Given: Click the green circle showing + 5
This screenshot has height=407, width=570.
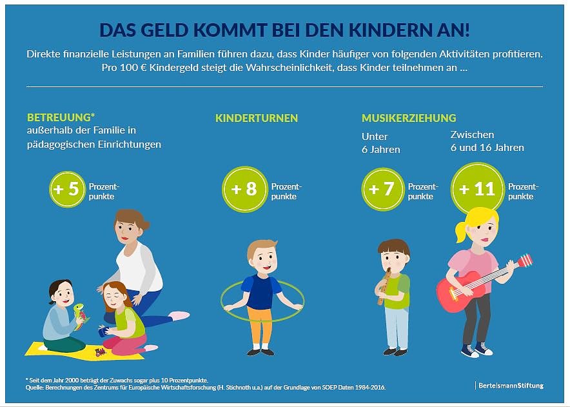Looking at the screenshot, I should pos(66,190).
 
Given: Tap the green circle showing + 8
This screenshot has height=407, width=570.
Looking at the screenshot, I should pos(244,190).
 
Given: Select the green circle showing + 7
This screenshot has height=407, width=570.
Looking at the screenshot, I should pos(382,190).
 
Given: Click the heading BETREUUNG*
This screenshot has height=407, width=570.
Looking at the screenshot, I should pos(61,118).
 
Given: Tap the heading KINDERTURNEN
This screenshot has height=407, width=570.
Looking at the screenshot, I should pos(257,118).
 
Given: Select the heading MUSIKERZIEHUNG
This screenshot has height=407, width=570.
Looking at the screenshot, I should pos(409,118).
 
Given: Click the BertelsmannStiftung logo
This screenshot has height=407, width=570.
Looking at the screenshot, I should pos(509,385).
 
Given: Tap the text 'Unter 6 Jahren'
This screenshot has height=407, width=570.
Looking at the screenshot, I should pos(380,143).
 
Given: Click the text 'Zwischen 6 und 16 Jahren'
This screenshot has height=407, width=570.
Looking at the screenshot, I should pos(486,141).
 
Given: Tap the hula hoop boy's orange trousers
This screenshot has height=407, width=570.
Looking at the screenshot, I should pos(260,326).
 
